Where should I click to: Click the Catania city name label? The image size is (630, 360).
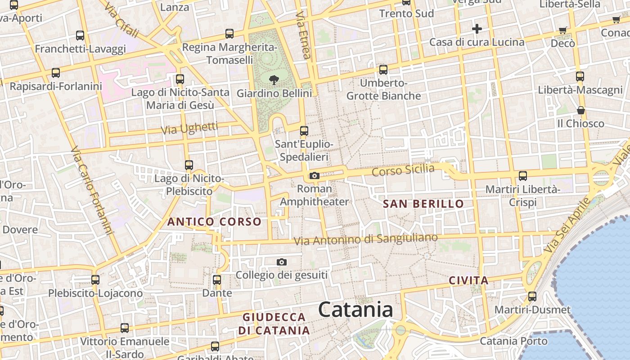(x=355, y=310)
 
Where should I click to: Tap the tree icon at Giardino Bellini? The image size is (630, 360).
(x=273, y=81)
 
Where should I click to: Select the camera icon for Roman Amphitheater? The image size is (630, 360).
(x=315, y=176)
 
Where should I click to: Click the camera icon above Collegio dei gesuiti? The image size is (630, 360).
(x=282, y=262)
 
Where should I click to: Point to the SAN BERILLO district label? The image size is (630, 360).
(x=423, y=204)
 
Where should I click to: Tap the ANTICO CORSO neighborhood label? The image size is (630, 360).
(x=214, y=221)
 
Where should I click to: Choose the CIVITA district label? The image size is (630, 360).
(x=468, y=281)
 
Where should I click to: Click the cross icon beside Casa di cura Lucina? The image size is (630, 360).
(x=477, y=29)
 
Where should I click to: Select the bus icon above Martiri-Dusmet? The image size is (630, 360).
(x=532, y=297)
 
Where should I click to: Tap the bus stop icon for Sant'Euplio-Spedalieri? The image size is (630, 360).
(x=304, y=131)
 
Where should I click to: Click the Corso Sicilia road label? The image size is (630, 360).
(x=403, y=171)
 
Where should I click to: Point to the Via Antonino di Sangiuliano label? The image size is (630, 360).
(x=365, y=239)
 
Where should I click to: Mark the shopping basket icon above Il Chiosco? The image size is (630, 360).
(x=581, y=110)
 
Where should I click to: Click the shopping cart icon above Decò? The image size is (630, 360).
(x=562, y=31)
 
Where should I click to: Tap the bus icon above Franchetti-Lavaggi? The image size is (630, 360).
(x=80, y=35)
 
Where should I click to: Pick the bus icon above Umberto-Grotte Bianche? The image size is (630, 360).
(x=383, y=70)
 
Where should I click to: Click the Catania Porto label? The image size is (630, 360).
(x=513, y=341)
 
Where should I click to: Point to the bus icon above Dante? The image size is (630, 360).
(x=217, y=280)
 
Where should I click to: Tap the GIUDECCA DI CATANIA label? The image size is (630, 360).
(x=274, y=324)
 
